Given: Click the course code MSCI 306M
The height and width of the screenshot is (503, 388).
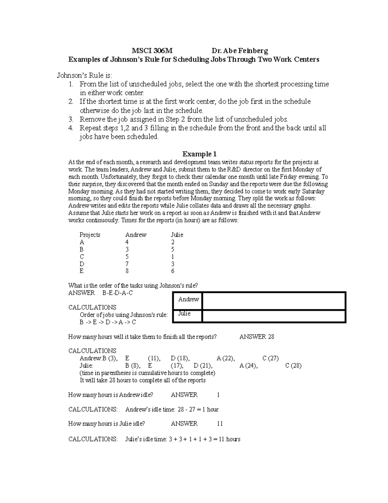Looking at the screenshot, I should coord(152,51).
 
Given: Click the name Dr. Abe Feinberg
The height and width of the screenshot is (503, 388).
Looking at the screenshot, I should coord(240,51).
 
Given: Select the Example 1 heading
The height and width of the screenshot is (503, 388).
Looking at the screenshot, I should coord(199,154).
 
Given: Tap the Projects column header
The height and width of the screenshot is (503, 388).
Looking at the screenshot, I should coord(90,235).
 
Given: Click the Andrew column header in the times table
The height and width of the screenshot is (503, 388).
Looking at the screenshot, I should coord(136,235).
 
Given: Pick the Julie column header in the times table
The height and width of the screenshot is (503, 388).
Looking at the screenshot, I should coord(177,235).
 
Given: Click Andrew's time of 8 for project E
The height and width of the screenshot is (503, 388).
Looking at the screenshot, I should coord(127,271).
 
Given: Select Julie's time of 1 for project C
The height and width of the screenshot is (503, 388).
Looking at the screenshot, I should coord(173,257).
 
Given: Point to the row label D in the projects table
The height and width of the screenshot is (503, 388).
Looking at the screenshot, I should coord(82,264).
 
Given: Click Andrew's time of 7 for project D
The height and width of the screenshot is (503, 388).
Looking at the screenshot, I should coord(127,264).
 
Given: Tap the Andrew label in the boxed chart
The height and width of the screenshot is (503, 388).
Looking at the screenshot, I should coord(189,299).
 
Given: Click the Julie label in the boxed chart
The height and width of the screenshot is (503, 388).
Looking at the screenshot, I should coord(184,314).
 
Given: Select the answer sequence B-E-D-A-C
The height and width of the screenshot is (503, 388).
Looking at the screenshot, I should coord(117,293).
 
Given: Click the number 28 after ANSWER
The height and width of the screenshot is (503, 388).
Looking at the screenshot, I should coord(271,337).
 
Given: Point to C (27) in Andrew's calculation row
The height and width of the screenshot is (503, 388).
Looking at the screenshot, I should coord(271,358).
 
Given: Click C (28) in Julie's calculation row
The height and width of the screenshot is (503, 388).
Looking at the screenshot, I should coord(293,366).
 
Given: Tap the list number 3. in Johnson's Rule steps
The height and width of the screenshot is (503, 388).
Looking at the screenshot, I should coord(71,119).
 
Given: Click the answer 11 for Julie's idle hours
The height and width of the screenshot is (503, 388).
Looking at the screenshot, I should coord(220,424).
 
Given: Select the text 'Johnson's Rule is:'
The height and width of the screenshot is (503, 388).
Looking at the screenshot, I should coord(85,75).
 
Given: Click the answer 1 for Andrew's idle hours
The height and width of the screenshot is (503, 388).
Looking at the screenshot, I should coord(219,395).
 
